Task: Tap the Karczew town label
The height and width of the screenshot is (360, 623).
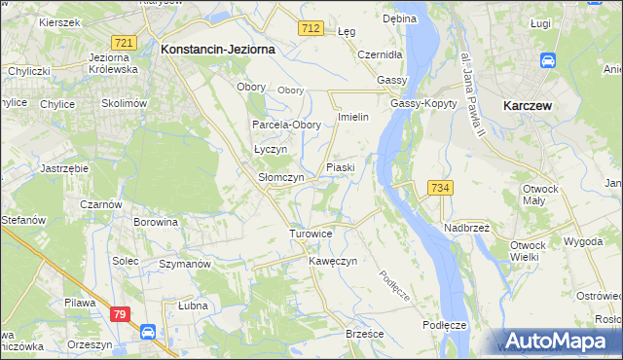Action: tap(530, 104)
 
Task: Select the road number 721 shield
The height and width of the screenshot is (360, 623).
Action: tap(123, 43)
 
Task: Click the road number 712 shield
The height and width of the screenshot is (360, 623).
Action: tap(311, 30)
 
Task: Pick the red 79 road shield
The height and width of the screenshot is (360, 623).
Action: tap(120, 313)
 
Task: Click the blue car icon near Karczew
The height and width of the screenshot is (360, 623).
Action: tap(548, 60)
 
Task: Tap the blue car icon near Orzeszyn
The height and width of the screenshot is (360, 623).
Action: tap(148, 332)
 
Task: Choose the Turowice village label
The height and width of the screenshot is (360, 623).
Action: tap(311, 234)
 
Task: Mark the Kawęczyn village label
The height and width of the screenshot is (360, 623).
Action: tap(334, 262)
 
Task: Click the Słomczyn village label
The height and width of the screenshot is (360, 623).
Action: tap(281, 178)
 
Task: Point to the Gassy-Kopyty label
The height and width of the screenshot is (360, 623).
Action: tap(421, 103)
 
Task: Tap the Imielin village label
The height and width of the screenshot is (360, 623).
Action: tap(351, 117)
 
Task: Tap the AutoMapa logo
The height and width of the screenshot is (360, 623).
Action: tap(558, 341)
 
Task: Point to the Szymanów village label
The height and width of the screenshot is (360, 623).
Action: tap(185, 265)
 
